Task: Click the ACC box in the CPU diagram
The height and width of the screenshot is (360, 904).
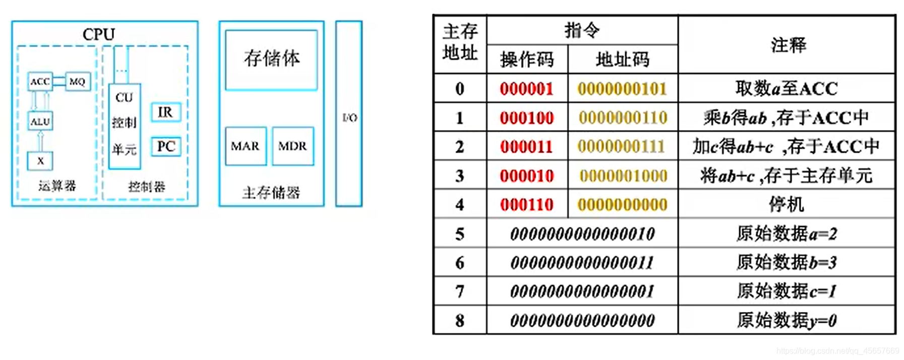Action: [40, 82]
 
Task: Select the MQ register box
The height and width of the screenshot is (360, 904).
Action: [78, 82]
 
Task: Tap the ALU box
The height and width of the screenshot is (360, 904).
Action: [40, 122]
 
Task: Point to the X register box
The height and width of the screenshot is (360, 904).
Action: [40, 161]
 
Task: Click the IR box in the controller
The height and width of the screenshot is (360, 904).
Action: [166, 112]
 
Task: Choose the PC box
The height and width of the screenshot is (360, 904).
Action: [166, 147]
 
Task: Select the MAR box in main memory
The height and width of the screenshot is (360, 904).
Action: [246, 146]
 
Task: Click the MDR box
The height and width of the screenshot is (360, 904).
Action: [293, 146]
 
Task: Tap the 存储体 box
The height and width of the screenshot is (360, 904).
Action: [272, 59]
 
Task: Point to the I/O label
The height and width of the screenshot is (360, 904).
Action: [349, 118]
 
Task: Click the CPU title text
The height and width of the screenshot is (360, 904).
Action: [99, 34]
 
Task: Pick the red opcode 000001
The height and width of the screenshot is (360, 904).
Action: [527, 89]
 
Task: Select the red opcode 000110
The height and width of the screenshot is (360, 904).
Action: [527, 205]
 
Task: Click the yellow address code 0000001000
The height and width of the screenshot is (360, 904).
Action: [623, 176]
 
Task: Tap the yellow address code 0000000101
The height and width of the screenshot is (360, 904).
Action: [623, 89]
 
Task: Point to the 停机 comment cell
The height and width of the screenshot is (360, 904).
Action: [786, 205]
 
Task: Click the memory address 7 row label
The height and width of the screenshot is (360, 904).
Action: [460, 291]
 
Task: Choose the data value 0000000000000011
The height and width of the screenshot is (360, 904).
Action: [582, 263]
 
